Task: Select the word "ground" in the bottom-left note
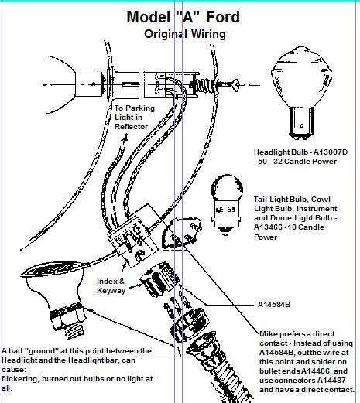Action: (42, 350)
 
